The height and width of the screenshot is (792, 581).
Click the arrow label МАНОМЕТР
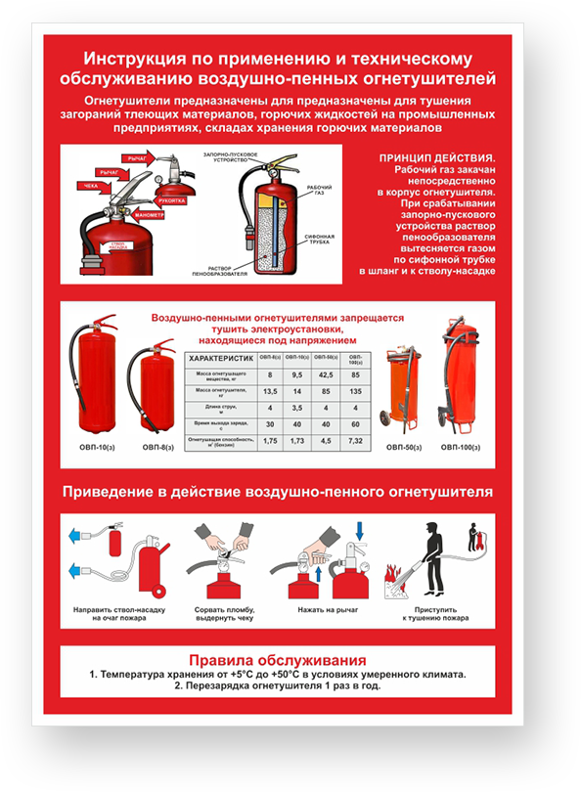pyautogui.click(x=150, y=213)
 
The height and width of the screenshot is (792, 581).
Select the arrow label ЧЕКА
pyautogui.click(x=90, y=185)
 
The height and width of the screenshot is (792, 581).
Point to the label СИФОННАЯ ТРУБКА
pyautogui.click(x=320, y=241)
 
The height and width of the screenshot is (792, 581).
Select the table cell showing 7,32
pyautogui.click(x=356, y=441)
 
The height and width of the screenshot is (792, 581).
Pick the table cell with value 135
pyautogui.click(x=356, y=391)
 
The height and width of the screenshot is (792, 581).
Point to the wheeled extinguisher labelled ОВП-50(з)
pyautogui.click(x=404, y=392)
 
